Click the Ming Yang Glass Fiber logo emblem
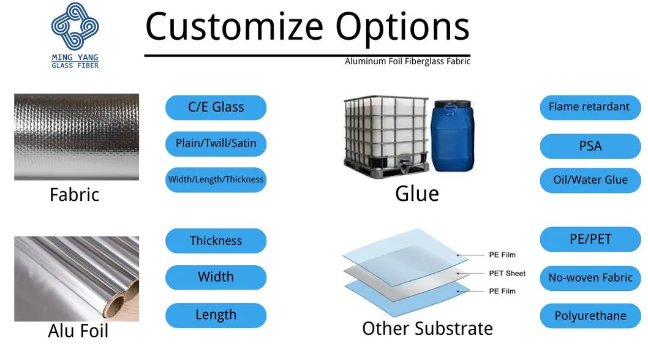tap(75, 26)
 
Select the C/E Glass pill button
tap(216, 108)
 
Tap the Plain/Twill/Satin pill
tap(216, 143)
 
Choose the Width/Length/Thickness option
tap(216, 179)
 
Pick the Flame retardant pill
tap(590, 107)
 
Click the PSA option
tap(590, 146)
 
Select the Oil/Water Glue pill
tap(590, 180)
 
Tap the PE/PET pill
tap(590, 239)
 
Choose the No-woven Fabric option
tap(590, 278)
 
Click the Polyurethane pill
tap(590, 316)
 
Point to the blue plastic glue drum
tap(452, 135)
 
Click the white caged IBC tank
tap(386, 137)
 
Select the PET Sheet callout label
tap(507, 273)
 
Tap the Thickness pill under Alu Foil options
tap(216, 241)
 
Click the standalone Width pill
tap(216, 277)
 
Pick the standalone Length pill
tap(216, 315)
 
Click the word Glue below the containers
tap(417, 193)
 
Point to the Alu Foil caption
tap(78, 331)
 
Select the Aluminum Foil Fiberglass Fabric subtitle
tap(407, 61)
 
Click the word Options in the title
tap(402, 28)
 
